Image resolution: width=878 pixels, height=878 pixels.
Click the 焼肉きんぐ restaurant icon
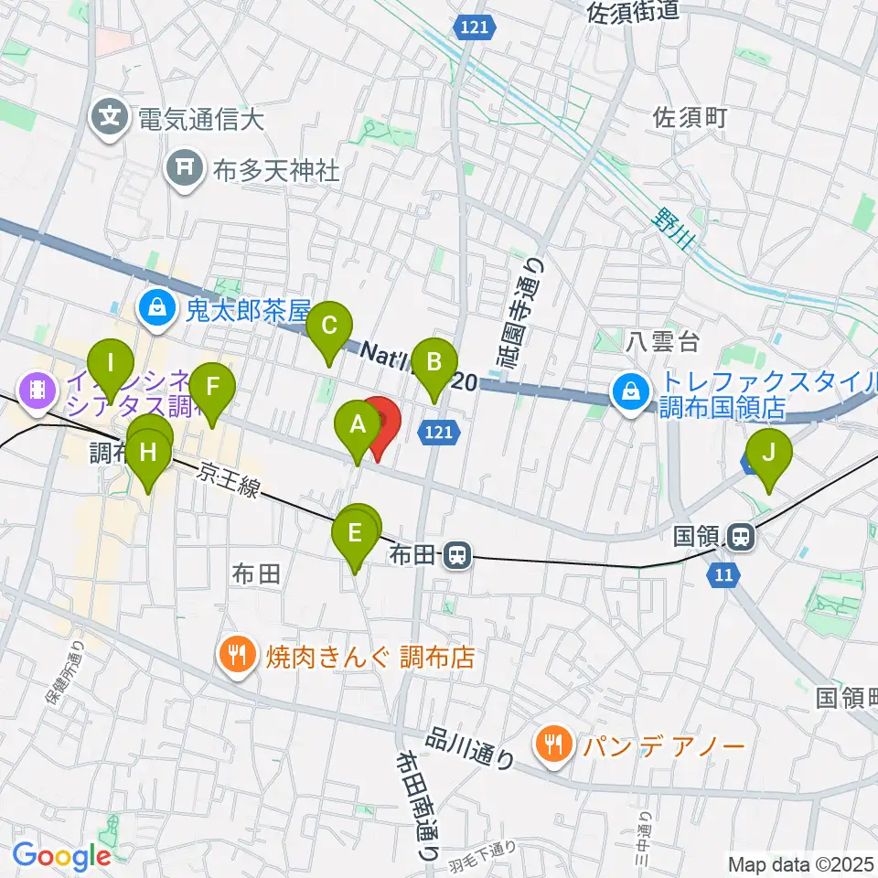pyautogui.click(x=238, y=655)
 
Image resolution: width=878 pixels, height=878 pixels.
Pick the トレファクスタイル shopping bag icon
pyautogui.click(x=631, y=391)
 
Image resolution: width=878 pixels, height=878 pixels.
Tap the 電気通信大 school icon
pyautogui.click(x=112, y=117)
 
